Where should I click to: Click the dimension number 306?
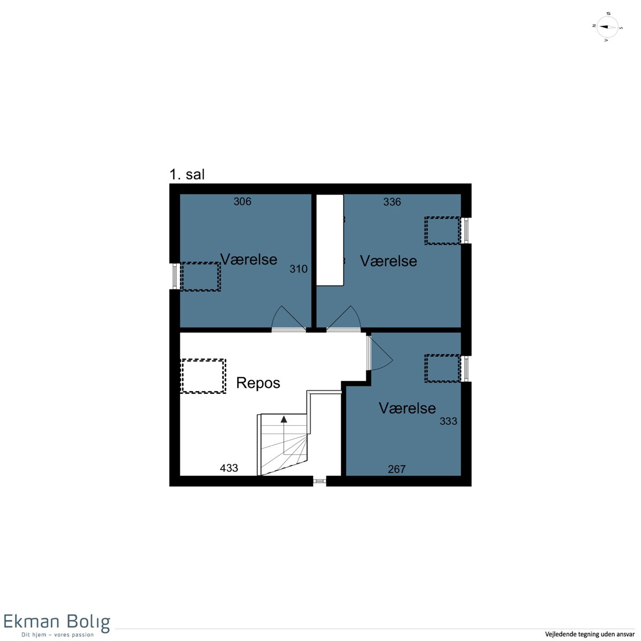[x=242, y=201]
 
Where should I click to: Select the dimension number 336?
[x=392, y=202]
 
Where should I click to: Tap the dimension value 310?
[x=299, y=269]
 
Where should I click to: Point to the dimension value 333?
[x=448, y=421]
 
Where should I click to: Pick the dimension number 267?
[x=396, y=470]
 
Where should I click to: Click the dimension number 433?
[x=229, y=468]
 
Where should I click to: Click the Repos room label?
[x=258, y=383]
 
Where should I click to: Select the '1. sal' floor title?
[x=187, y=175]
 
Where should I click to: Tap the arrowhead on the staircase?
[x=284, y=419]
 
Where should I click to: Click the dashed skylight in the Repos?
[x=203, y=376]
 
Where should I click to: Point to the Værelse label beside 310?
[x=248, y=260]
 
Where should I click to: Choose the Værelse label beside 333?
[x=407, y=408]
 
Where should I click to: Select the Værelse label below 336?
[x=388, y=261]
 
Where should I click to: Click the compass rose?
[x=607, y=27]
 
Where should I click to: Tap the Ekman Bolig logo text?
[x=57, y=622]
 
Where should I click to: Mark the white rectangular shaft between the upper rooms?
[x=330, y=240]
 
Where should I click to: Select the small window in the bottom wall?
[x=319, y=481]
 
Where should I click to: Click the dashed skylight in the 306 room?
[x=200, y=277]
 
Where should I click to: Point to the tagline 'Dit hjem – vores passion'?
[x=58, y=635]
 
